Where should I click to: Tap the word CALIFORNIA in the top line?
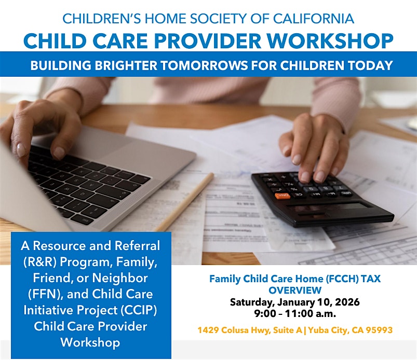pos(314,19)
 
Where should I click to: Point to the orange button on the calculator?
pos(283,196)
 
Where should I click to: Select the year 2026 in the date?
pos(347,302)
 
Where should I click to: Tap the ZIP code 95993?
pos(379,330)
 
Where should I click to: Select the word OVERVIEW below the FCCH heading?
pos(295,290)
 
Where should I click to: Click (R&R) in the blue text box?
pos(40,262)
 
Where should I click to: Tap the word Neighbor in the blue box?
pos(119,278)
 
